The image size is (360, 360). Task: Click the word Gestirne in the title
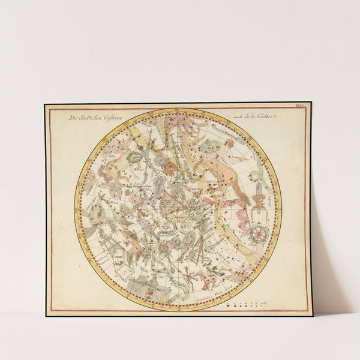(111, 119)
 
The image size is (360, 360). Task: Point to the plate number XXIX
(300, 107)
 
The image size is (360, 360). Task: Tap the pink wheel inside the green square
(258, 232)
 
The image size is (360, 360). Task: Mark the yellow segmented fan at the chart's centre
(178, 210)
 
